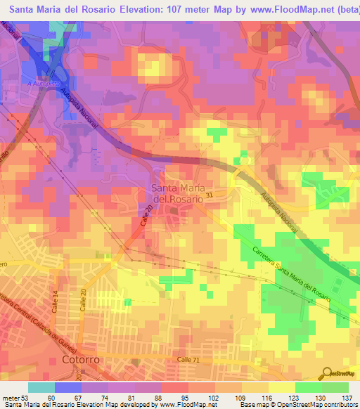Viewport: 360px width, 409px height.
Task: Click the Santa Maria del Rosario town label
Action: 177,193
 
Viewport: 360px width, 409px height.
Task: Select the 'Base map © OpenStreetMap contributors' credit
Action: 297,405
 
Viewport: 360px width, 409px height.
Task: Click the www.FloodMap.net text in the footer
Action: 188,405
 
